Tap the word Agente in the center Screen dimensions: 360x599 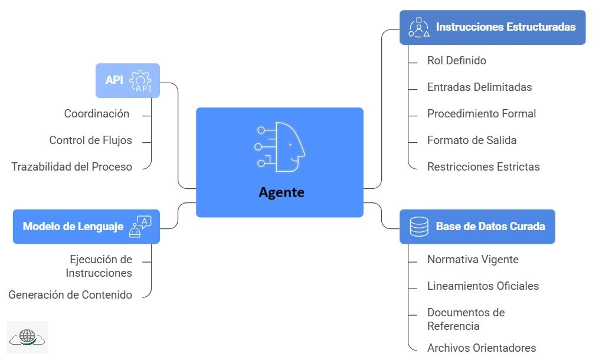(x=282, y=192)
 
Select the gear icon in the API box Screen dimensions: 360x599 (x=140, y=80)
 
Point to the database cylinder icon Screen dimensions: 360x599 (x=419, y=227)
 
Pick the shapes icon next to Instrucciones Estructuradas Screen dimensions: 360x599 (x=419, y=27)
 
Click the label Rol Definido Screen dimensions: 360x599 (x=456, y=60)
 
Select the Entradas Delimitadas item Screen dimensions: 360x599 (x=479, y=87)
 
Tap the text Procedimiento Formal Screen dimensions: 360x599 (x=482, y=114)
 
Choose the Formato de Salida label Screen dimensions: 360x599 (x=472, y=140)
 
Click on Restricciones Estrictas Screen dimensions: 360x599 (x=483, y=167)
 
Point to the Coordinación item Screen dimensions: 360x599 (x=97, y=114)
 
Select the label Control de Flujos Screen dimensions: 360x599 (x=90, y=140)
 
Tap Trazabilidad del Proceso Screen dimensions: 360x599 (x=71, y=167)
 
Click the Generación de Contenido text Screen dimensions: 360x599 (x=70, y=294)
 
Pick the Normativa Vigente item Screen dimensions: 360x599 (x=473, y=259)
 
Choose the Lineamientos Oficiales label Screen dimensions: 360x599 (x=483, y=286)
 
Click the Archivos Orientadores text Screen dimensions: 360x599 (x=482, y=348)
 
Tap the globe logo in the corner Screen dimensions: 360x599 (x=27, y=337)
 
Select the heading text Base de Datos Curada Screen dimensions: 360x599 (x=490, y=227)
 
